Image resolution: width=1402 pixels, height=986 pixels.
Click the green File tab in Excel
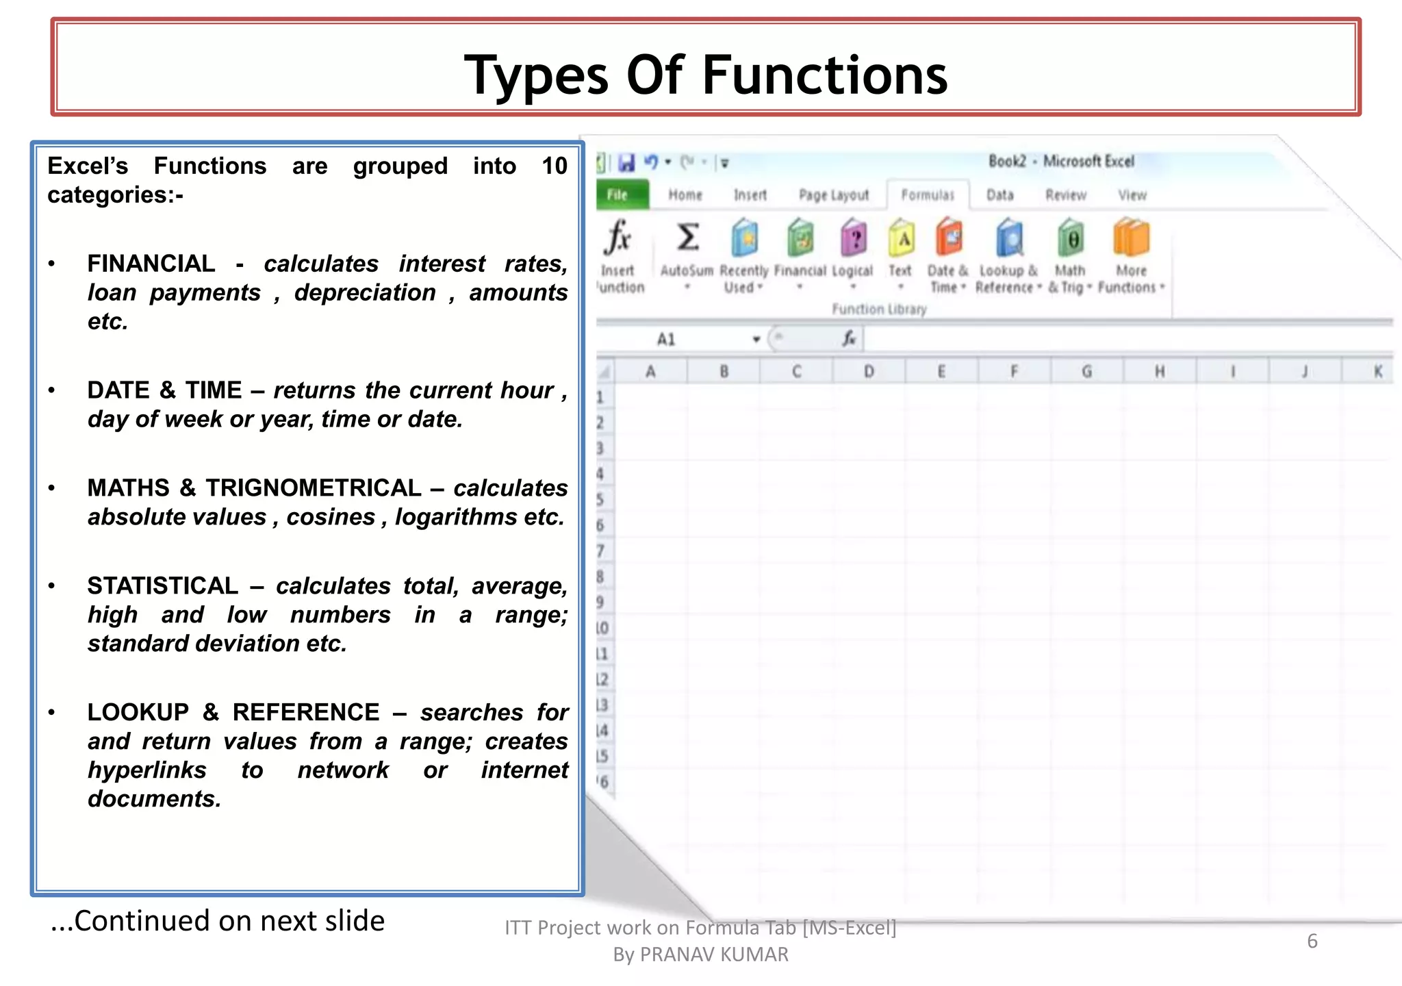coord(619,195)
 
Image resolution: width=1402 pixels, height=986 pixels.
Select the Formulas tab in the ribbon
coord(928,195)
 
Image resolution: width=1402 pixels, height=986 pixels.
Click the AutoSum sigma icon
coord(687,238)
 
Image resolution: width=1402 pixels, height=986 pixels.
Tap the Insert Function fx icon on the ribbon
coord(617,238)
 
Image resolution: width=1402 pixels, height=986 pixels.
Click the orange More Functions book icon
coord(1131,238)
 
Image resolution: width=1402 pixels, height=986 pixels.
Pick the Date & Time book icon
coord(949,238)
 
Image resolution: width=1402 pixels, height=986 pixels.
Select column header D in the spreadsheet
coord(869,372)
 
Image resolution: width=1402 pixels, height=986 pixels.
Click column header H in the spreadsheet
coord(1160,372)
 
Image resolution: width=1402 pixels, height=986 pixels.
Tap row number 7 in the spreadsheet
coord(600,551)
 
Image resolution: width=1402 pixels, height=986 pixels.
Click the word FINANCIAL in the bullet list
coord(151,264)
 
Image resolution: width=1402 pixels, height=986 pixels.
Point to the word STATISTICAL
coord(163,586)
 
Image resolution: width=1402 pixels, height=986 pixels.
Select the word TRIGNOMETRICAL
coord(314,488)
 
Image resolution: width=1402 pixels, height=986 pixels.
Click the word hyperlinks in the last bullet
coord(147,770)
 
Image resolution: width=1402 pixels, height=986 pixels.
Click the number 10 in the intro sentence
coord(554,166)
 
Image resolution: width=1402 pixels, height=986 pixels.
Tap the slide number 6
coord(1312,941)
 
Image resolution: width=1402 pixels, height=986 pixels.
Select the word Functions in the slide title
coord(825,75)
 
